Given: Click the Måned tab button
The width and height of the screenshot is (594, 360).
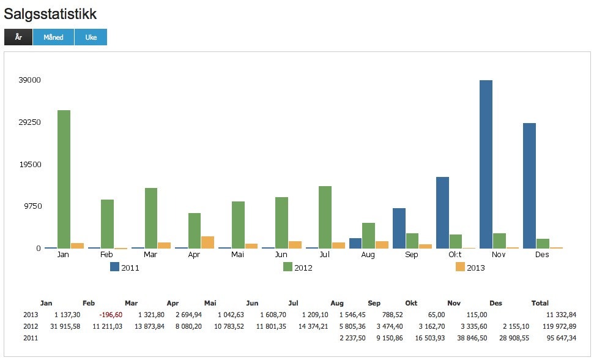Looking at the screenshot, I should click(x=53, y=37).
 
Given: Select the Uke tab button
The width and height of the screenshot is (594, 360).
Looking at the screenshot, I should click(x=91, y=37).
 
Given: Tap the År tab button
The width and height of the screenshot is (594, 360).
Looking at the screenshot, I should click(x=18, y=37).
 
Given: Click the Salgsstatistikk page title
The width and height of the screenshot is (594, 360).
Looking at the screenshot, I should click(x=50, y=13).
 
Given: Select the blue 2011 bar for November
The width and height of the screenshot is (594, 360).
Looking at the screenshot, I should click(x=486, y=164).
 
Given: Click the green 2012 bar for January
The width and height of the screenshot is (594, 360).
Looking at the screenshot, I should click(x=64, y=179).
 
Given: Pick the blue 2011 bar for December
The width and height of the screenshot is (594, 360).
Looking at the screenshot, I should click(x=529, y=186).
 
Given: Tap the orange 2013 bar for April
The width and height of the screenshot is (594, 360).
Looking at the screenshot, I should click(x=207, y=242).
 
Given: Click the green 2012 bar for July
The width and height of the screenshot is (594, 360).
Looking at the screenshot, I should click(x=325, y=217).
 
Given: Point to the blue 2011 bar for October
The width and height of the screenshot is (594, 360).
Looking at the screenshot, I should click(x=442, y=212).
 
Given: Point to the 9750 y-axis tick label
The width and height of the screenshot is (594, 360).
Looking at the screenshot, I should click(x=31, y=206).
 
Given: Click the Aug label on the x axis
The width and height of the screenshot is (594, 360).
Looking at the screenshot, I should click(x=368, y=255).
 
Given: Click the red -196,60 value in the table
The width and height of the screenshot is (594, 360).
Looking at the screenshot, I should click(x=110, y=314).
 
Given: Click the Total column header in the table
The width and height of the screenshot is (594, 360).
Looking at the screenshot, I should click(x=540, y=303).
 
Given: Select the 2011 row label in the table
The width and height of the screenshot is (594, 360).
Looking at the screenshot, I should click(x=31, y=337).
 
